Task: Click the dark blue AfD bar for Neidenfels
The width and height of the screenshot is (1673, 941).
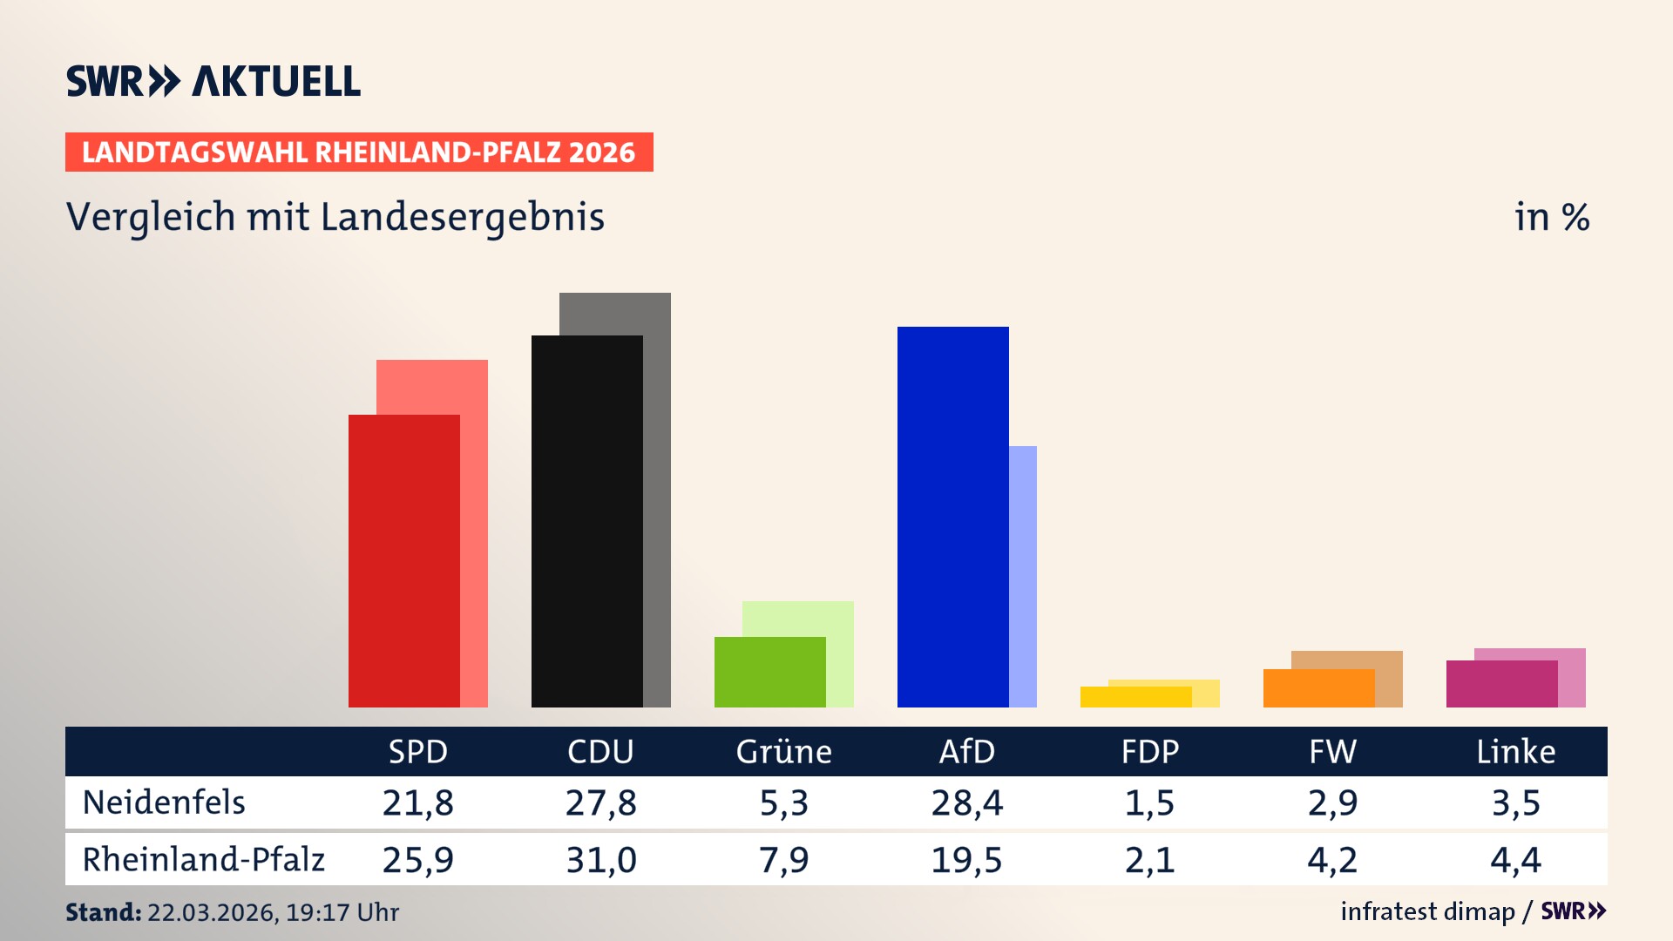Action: click(x=952, y=517)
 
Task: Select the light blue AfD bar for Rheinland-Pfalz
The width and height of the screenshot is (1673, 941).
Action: click(x=1023, y=575)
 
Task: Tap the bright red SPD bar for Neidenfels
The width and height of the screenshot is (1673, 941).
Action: click(x=403, y=560)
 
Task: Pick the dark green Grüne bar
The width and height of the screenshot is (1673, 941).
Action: click(x=769, y=672)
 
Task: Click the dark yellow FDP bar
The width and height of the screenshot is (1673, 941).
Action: click(x=1135, y=697)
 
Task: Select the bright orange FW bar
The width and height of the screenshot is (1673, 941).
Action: click(x=1318, y=688)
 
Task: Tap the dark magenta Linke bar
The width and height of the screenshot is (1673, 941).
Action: click(x=1501, y=684)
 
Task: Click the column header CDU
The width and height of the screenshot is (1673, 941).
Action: click(x=600, y=752)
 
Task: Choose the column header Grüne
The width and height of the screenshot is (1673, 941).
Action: click(x=783, y=752)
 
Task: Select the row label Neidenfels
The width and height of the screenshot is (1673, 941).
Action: click(x=164, y=802)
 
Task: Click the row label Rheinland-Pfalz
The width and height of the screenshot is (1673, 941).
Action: click(x=203, y=860)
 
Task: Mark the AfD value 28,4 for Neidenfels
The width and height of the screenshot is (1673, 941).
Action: click(x=966, y=802)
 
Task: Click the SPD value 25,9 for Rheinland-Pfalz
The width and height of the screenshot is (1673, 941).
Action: click(x=417, y=860)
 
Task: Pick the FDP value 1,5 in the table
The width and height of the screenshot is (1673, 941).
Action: click(x=1149, y=802)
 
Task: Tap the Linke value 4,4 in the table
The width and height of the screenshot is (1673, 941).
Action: click(x=1515, y=860)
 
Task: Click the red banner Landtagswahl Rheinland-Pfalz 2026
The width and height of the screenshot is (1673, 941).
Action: click(x=359, y=152)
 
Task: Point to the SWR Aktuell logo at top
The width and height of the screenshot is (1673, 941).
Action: click(x=213, y=81)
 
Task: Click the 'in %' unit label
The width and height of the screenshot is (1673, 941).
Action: click(x=1551, y=217)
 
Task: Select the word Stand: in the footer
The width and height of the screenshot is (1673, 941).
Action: click(x=103, y=912)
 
